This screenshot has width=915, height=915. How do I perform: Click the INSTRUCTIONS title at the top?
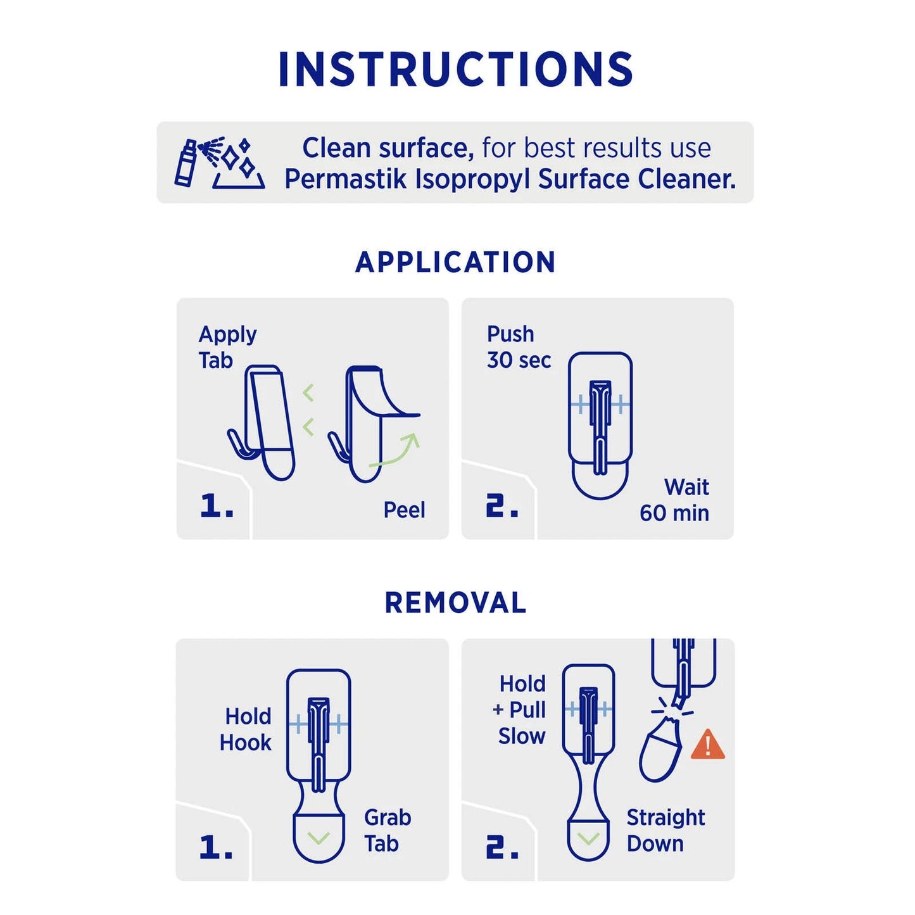click(x=456, y=69)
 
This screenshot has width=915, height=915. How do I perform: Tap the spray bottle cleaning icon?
click(x=219, y=163)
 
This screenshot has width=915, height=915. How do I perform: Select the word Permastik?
click(x=345, y=179)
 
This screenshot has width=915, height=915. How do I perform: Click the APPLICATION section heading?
click(x=455, y=262)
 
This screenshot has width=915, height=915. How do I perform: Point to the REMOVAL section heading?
click(x=455, y=603)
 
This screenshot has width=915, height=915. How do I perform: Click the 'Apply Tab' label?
click(x=227, y=347)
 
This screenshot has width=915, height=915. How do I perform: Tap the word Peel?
click(x=404, y=510)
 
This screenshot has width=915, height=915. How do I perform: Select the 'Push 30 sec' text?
click(x=518, y=347)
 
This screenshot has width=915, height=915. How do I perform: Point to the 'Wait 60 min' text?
click(x=675, y=500)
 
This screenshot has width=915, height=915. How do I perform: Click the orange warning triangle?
click(x=707, y=745)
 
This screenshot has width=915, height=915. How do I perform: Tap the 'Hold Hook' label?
click(x=246, y=729)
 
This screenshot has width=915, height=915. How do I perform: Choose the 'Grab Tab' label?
click(x=387, y=830)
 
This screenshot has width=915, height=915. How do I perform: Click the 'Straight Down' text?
click(x=665, y=830)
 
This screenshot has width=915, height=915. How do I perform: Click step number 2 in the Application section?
click(x=502, y=506)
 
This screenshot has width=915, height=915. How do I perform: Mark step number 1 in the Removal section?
click(x=216, y=847)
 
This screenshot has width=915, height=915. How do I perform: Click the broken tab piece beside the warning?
click(x=661, y=751)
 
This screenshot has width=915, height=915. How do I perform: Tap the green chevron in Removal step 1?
click(x=319, y=838)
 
